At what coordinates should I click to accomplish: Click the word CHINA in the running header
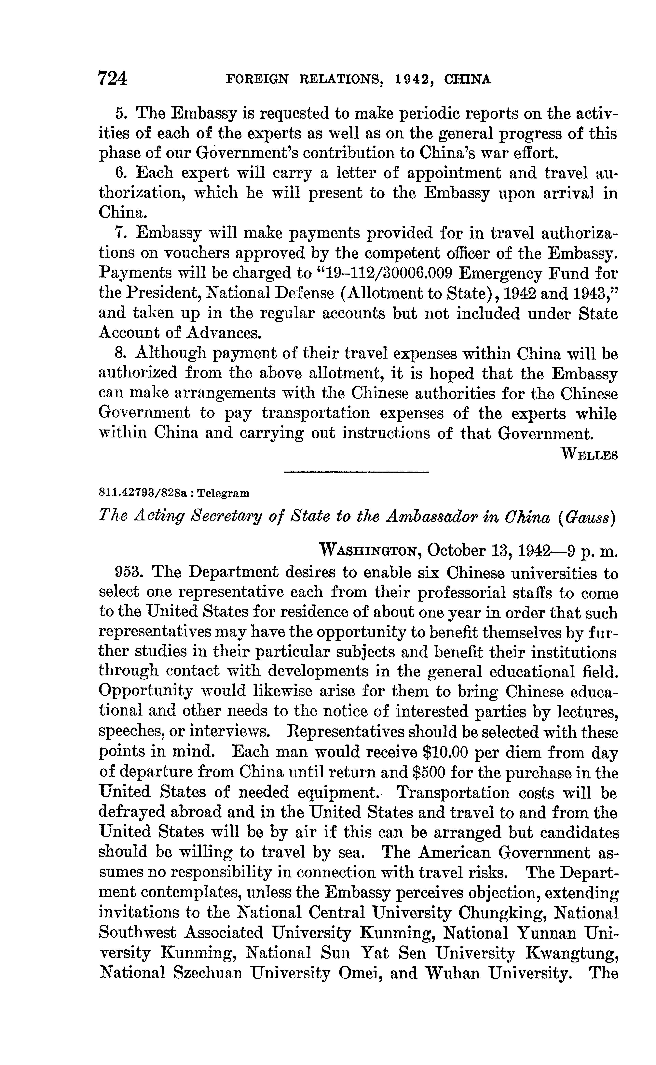click(x=468, y=79)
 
